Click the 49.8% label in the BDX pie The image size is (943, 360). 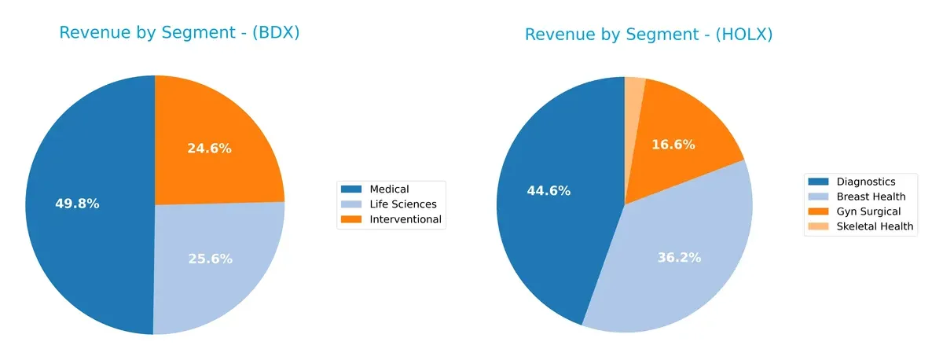coord(77,204)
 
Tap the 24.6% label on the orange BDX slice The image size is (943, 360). coord(209,148)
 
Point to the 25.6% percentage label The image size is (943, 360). coord(210,259)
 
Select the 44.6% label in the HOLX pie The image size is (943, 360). coord(549,190)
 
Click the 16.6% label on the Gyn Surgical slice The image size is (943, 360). coord(674,145)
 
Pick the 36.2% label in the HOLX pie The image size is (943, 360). coord(679,257)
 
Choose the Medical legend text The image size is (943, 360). coord(389,189)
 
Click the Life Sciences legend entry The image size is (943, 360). coord(402,204)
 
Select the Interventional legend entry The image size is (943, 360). coord(405,219)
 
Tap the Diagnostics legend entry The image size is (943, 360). coord(865,182)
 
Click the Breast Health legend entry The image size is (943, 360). coord(871,197)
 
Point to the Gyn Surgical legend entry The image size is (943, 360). coord(868,211)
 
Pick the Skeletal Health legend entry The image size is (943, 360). coord(875,226)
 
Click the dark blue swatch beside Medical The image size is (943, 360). coord(350,189)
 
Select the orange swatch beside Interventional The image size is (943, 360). coord(350,219)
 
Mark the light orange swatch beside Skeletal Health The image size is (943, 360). coord(817,226)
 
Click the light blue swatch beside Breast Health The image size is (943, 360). coord(817,197)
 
